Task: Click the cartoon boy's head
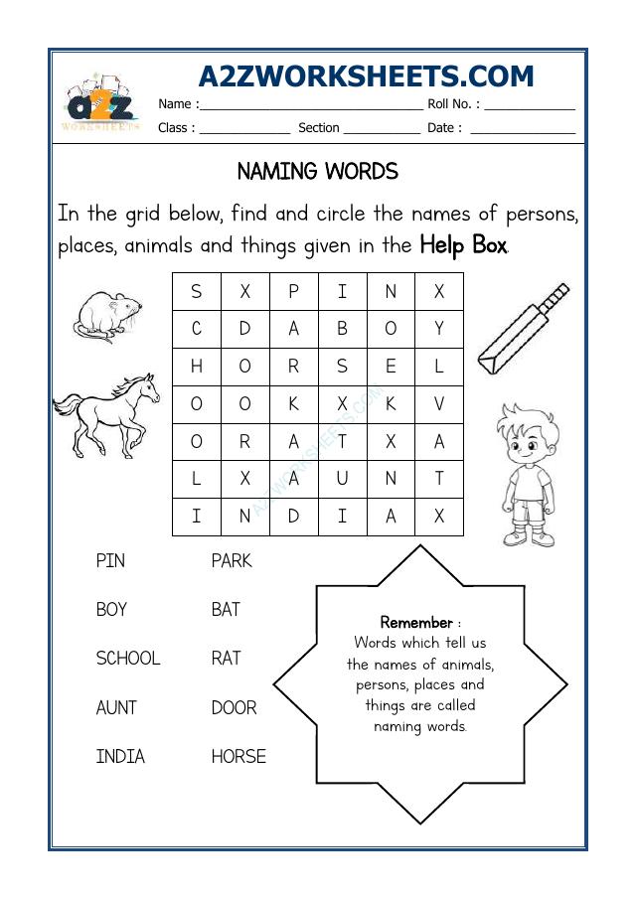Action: (x=523, y=433)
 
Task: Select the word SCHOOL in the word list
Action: (x=127, y=659)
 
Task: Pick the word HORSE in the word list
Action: (x=238, y=757)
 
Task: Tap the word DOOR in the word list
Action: (x=234, y=708)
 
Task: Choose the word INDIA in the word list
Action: (x=120, y=757)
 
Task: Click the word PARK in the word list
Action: (x=232, y=561)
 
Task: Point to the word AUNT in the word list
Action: (x=116, y=708)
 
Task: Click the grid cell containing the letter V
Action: (x=439, y=404)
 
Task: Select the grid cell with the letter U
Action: (x=342, y=479)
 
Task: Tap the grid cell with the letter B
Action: (x=342, y=329)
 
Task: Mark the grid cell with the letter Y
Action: (x=439, y=329)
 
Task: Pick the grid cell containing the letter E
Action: (x=391, y=367)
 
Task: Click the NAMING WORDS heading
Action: (x=318, y=172)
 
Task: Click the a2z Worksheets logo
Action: (x=100, y=102)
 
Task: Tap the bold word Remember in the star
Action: (x=416, y=623)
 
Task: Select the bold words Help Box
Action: (x=463, y=244)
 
